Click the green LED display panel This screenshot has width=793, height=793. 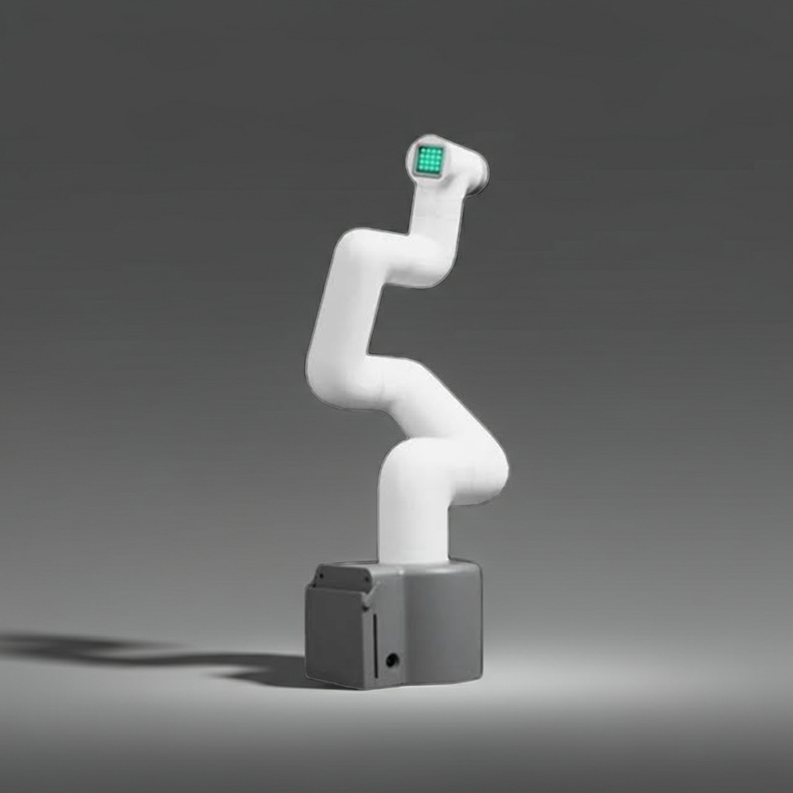(429, 160)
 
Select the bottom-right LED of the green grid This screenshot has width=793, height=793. (438, 169)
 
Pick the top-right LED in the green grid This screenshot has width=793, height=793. (439, 150)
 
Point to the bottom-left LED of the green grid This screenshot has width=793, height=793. (420, 169)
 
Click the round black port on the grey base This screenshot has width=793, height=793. (393, 660)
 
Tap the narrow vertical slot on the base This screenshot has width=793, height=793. (375, 643)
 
